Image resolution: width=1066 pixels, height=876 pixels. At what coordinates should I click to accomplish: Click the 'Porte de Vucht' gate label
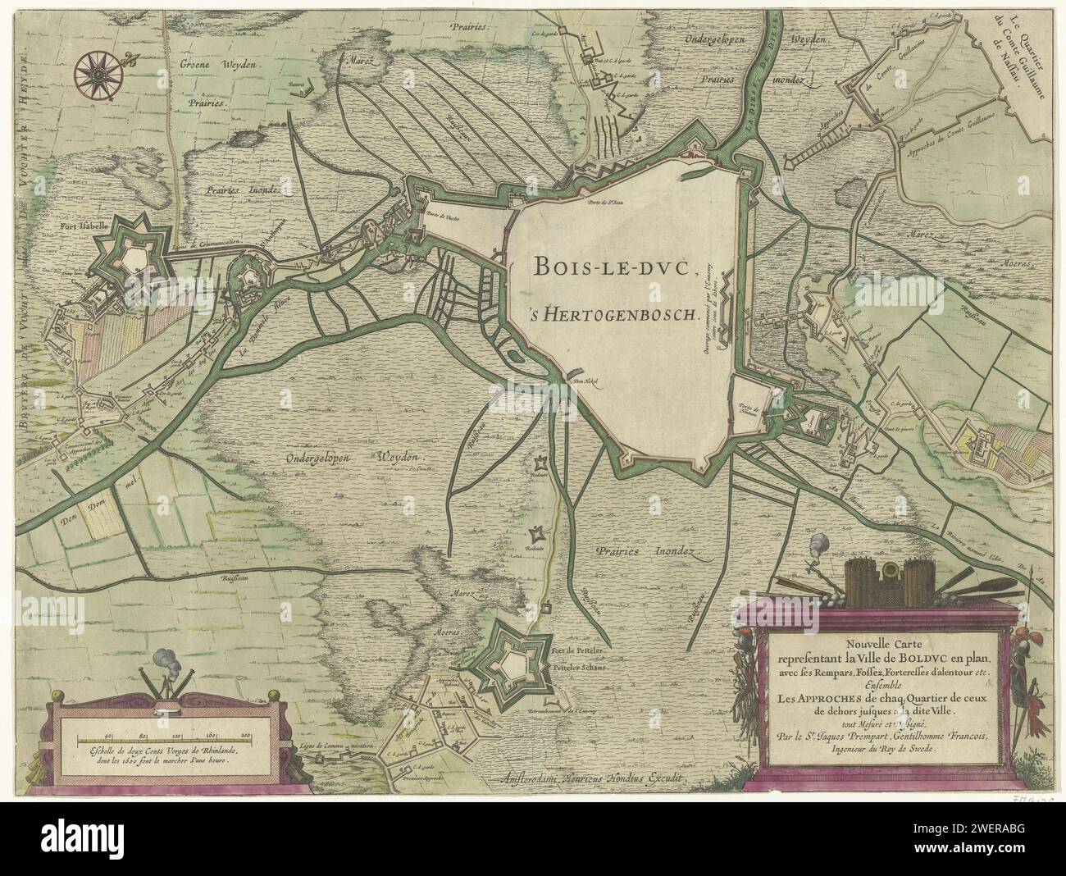tap(441, 218)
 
